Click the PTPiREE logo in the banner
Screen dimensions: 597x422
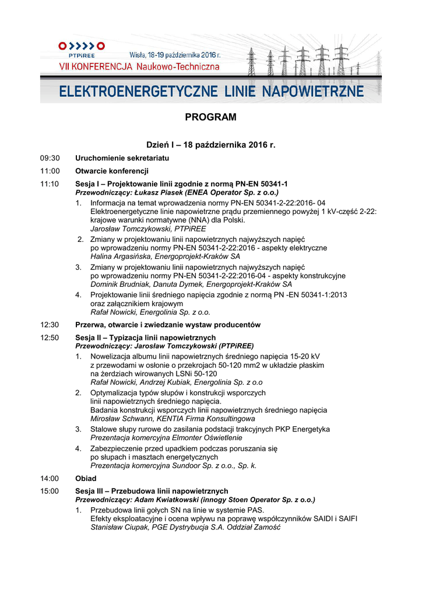coord(82,49)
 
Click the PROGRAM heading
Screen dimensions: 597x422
coord(210,117)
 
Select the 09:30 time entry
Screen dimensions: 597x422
coord(50,158)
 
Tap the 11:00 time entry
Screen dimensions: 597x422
coord(50,171)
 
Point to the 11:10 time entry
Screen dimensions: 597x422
coord(50,184)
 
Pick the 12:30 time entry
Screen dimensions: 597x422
coord(50,325)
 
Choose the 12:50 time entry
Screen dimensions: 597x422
coord(50,338)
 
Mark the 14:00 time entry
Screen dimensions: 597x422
coord(50,478)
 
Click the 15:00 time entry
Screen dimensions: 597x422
coord(50,491)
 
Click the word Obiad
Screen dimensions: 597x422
coord(86,478)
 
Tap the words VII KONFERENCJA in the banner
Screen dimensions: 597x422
coord(96,67)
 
